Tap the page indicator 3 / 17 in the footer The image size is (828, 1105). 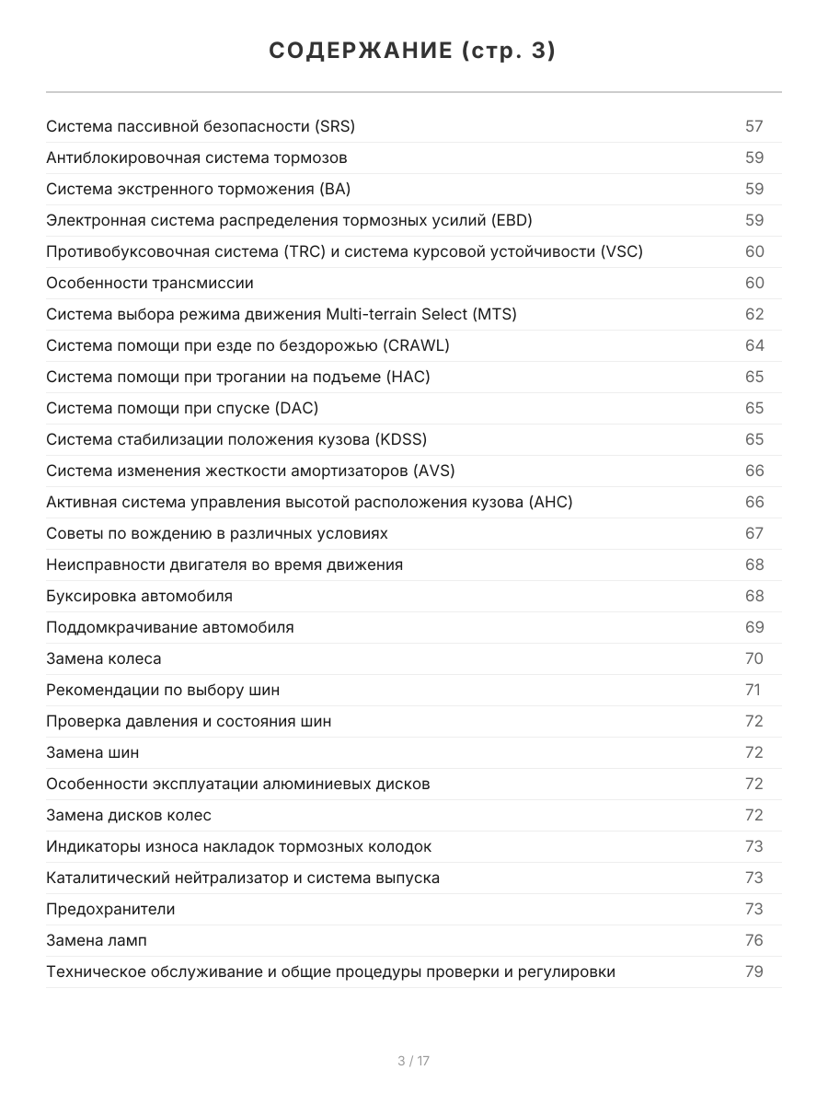click(413, 1061)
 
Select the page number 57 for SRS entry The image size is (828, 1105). click(754, 126)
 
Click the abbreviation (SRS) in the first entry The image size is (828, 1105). click(334, 126)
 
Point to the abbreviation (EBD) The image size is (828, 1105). click(512, 220)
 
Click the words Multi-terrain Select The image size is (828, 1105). click(397, 314)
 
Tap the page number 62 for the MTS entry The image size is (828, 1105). click(754, 314)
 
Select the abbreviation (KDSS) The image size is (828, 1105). click(401, 439)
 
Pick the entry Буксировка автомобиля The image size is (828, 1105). click(139, 596)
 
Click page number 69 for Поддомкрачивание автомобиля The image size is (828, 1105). click(754, 627)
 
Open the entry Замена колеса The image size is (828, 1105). click(103, 658)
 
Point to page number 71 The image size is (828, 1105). click(753, 690)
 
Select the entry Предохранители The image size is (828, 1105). click(110, 909)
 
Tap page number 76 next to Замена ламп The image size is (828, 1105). click(754, 940)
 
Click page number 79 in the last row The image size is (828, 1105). click(754, 971)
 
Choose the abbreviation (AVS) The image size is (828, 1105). click(434, 471)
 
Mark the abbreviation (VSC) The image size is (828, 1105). click(621, 251)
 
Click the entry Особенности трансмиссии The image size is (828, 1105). click(150, 283)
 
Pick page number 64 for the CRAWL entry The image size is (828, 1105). click(754, 345)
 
